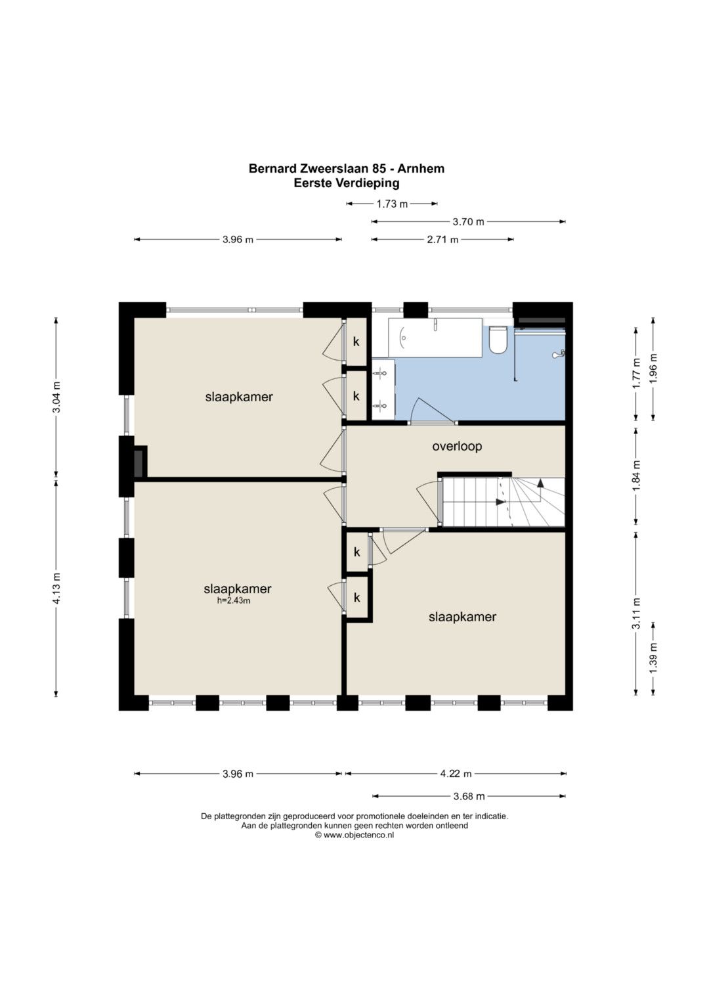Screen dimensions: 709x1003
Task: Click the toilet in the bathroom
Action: (498, 339)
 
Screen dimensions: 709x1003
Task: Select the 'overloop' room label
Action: (457, 446)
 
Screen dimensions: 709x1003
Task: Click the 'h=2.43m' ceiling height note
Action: (234, 600)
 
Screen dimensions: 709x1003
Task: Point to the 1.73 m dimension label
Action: (392, 204)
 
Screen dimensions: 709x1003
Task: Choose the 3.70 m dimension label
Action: (468, 221)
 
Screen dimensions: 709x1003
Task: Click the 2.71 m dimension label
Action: (442, 240)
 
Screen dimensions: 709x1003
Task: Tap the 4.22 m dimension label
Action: (456, 773)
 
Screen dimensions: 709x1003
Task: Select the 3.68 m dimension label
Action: (469, 796)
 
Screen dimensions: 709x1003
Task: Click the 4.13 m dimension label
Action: (56, 588)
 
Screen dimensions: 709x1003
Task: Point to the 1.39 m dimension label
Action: (653, 658)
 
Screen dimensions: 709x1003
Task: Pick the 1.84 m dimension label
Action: (636, 476)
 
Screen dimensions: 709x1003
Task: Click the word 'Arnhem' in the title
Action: (421, 168)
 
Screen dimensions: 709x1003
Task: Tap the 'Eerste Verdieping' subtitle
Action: (347, 183)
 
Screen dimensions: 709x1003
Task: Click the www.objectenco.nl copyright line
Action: (354, 835)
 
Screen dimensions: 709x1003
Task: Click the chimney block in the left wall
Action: (140, 462)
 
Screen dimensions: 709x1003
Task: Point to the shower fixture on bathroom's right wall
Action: (559, 354)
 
